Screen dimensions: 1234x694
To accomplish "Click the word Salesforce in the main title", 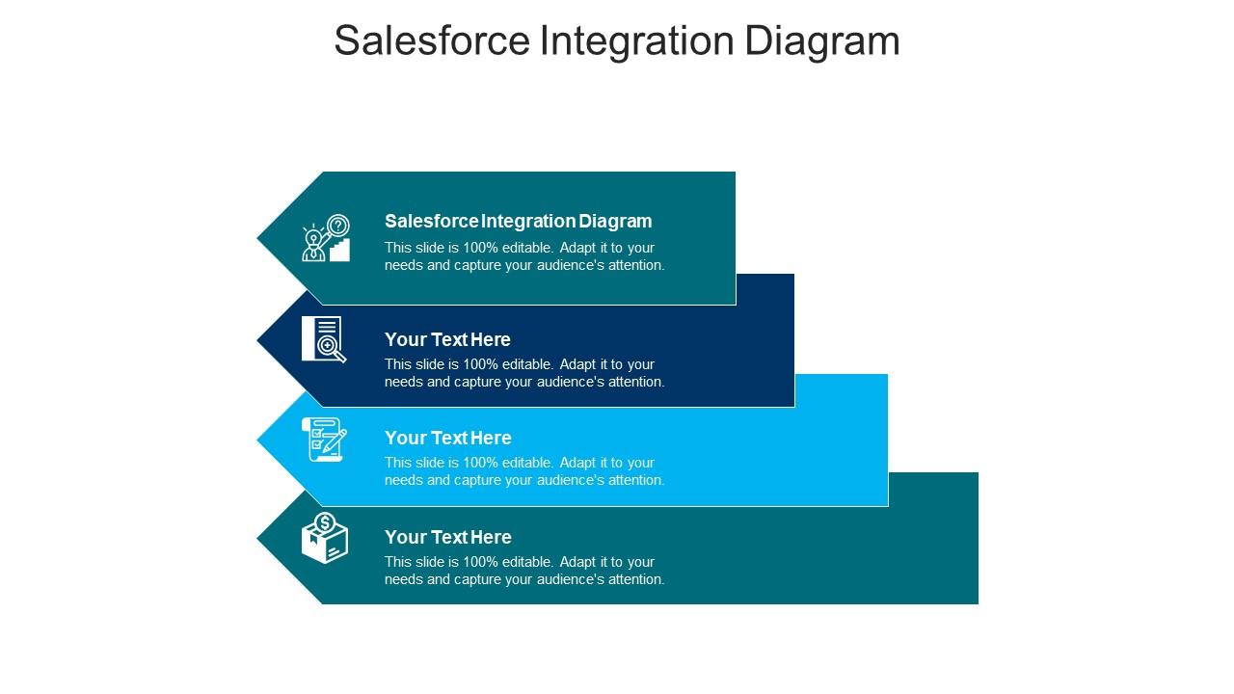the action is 432,40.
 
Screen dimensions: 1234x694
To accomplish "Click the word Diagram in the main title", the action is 822,41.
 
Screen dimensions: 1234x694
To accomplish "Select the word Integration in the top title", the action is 637,41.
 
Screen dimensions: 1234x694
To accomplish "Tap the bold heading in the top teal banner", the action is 519,221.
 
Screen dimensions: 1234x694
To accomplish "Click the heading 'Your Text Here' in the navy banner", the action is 447,339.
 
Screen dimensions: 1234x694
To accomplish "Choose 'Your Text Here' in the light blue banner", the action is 448,438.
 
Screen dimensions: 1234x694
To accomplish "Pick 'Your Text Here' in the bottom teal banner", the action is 448,537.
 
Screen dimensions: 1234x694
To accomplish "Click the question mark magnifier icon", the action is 337,226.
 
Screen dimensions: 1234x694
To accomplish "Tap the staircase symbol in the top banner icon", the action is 339,250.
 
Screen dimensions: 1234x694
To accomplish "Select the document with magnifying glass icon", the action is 324,339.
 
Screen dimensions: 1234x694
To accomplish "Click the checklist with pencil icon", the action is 324,440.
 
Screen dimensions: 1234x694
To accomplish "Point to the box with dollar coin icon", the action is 325,538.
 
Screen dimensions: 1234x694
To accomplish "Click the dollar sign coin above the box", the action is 325,522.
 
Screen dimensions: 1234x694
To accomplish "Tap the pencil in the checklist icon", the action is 335,441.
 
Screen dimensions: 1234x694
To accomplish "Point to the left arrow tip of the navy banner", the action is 257,340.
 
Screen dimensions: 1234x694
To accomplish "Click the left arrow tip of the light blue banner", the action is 257,440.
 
